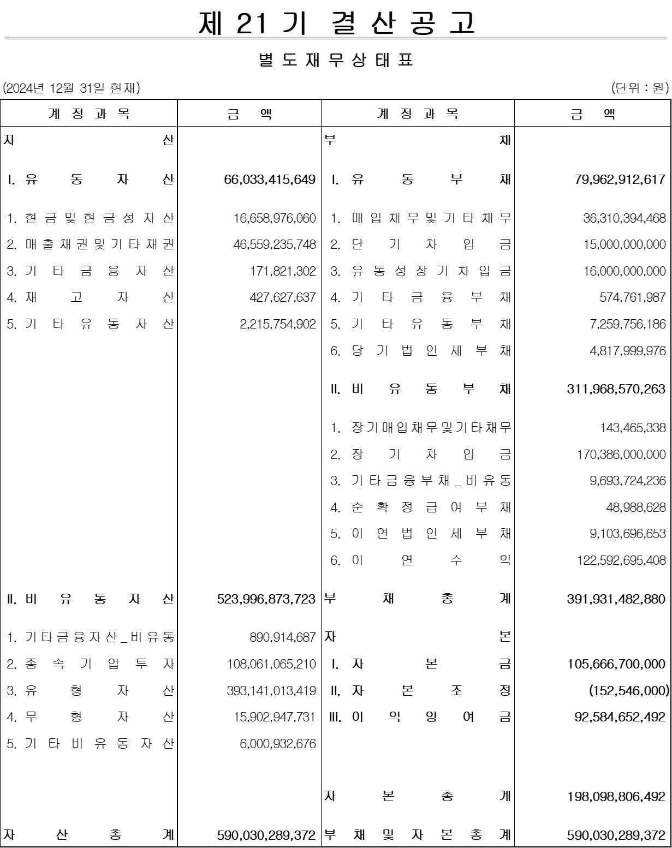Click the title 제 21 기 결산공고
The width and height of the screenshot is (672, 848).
point(336,23)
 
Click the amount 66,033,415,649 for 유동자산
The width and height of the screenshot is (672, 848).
point(270,180)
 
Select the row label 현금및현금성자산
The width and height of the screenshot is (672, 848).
point(91,219)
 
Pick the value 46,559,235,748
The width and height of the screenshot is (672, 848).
point(275,245)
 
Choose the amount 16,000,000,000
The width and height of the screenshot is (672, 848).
point(625,271)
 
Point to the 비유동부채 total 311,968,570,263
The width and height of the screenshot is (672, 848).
point(616,389)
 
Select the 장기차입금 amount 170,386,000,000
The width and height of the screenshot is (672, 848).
point(621,455)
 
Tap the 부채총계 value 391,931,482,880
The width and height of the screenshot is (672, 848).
point(616,599)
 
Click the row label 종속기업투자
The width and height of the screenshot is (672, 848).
point(91,664)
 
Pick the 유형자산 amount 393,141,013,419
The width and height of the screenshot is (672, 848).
point(271,691)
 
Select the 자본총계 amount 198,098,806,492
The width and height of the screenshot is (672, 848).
point(616,796)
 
